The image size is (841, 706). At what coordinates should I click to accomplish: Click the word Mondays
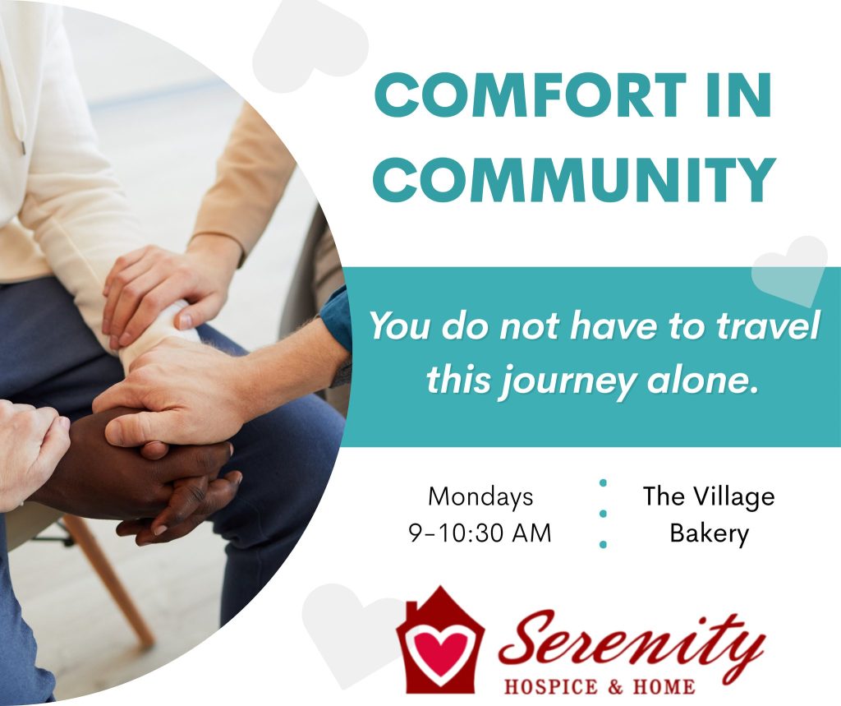480,497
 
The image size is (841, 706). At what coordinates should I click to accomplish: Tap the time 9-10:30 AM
480,533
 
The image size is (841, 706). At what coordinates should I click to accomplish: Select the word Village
732,496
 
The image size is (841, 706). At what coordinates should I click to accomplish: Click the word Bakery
709,533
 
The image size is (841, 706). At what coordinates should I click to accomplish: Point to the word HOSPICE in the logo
551,686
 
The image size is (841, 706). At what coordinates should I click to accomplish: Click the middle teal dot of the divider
603,514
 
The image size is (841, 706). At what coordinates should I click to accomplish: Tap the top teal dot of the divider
603,483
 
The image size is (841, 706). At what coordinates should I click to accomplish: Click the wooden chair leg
110,579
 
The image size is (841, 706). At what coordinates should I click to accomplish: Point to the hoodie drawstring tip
23,146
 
